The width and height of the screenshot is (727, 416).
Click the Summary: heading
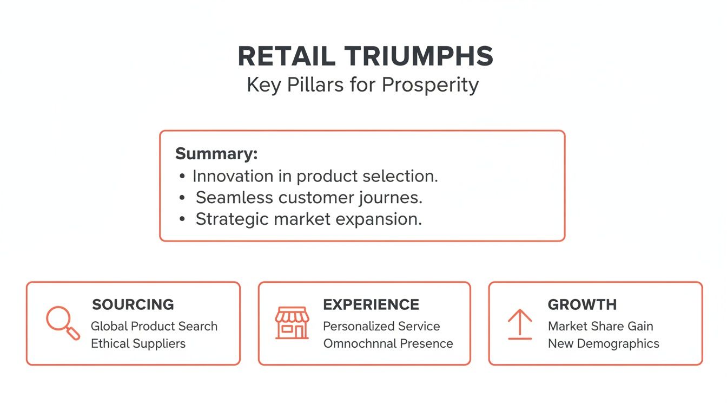pyautogui.click(x=216, y=153)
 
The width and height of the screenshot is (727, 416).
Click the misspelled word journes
pyautogui.click(x=389, y=198)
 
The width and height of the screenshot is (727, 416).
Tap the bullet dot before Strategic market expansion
pyautogui.click(x=182, y=219)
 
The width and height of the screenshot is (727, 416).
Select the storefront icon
pyautogui.click(x=292, y=323)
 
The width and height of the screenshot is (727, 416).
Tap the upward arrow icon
pyautogui.click(x=519, y=324)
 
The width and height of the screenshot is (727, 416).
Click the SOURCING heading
pyautogui.click(x=133, y=304)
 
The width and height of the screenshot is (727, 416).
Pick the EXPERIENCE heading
pyautogui.click(x=371, y=304)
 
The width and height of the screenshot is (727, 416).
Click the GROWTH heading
pyautogui.click(x=582, y=304)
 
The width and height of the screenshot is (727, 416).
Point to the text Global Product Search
pyautogui.click(x=154, y=326)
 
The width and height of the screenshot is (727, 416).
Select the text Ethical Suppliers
pyautogui.click(x=138, y=343)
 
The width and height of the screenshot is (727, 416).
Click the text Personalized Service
pyautogui.click(x=381, y=326)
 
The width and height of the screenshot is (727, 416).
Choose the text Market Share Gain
pyautogui.click(x=600, y=326)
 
